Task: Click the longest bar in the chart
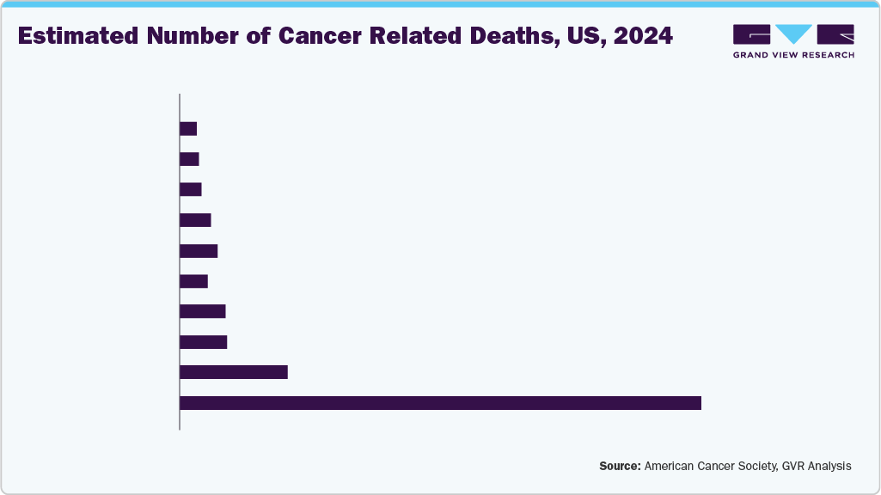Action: [440, 403]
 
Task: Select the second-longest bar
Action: [233, 372]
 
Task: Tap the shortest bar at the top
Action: [188, 129]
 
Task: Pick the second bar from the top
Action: [189, 159]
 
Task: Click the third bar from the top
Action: [191, 189]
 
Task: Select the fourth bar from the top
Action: [195, 220]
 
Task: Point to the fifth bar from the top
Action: [199, 251]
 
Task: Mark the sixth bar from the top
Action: [194, 281]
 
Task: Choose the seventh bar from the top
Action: [203, 311]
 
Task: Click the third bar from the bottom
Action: [204, 342]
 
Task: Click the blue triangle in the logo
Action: [793, 34]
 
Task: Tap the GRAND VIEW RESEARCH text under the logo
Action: [793, 55]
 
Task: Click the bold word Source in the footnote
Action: [620, 466]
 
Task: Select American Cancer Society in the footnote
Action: [710, 466]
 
